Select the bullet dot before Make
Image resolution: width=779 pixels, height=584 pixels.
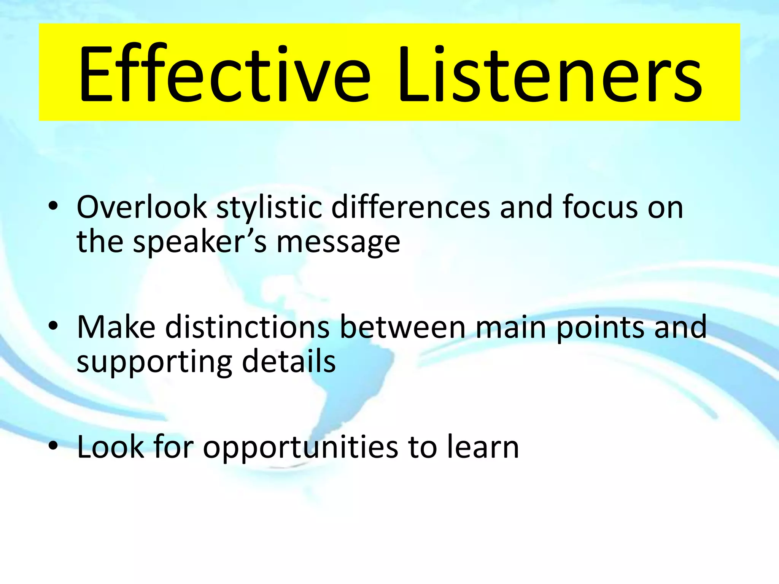(53, 326)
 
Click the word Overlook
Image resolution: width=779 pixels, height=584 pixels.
(141, 207)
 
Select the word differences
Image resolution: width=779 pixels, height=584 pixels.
(410, 207)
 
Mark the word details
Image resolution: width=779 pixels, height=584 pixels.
(289, 361)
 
